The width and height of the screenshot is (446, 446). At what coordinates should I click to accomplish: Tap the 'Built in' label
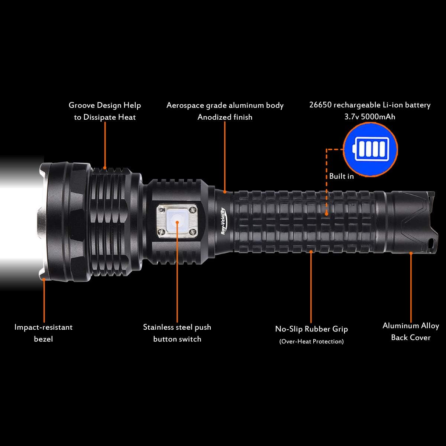(x=341, y=176)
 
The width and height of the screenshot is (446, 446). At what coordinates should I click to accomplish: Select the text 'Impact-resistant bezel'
(x=43, y=333)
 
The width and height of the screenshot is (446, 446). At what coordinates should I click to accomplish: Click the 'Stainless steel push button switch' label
(x=177, y=333)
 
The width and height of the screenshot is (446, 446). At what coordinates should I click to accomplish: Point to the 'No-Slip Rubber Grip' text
(x=311, y=329)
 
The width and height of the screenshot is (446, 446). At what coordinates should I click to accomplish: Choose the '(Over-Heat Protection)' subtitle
(x=311, y=341)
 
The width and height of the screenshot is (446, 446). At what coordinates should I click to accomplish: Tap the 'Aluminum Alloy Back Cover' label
(x=411, y=332)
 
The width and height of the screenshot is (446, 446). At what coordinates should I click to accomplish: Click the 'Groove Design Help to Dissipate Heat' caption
(x=105, y=111)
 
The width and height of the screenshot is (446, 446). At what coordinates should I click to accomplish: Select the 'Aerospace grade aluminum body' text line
(x=225, y=105)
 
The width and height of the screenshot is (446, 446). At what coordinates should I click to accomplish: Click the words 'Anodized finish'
(x=225, y=117)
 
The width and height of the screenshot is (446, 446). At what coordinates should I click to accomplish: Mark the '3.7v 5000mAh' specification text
(x=370, y=116)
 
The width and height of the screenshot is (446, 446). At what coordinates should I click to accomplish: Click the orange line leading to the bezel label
(x=44, y=301)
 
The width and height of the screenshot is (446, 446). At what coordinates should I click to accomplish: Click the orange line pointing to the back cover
(x=411, y=286)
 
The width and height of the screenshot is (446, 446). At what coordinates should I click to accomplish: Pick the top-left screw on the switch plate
(x=161, y=209)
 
